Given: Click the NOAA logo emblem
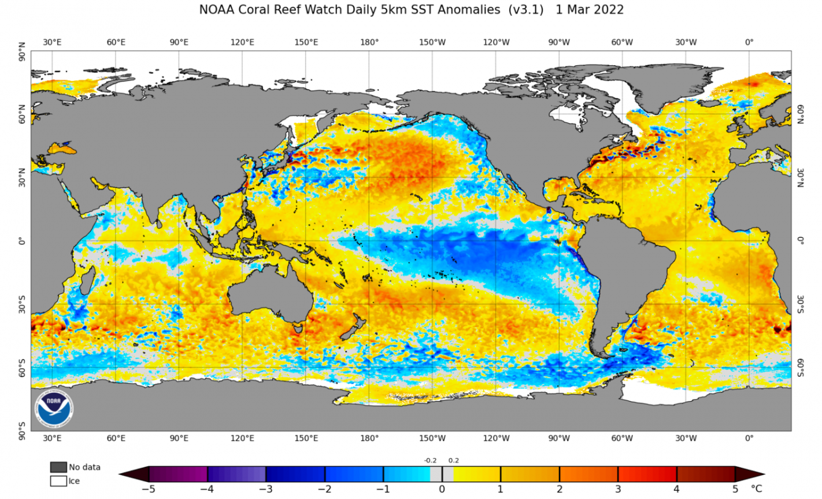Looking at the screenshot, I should point(54,408).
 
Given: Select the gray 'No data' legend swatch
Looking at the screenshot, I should point(58,467).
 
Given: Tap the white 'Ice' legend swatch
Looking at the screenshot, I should point(58,481).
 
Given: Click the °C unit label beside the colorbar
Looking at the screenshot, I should point(756,489).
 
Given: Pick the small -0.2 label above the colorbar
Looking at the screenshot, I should point(430,461).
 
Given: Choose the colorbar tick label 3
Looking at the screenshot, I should point(618,489).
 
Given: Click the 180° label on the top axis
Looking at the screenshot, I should point(369,42).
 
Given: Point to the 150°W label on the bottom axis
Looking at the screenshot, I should point(432,438).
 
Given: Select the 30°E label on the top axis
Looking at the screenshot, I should point(52,42).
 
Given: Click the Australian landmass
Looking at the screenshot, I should point(269,297).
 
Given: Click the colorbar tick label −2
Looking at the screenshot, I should point(323,489).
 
